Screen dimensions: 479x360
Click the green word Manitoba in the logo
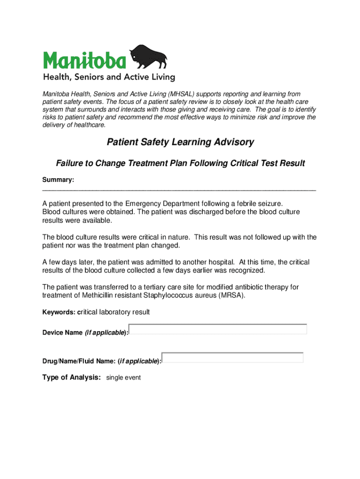click(x=85, y=60)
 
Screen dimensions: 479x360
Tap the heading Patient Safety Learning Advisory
click(x=180, y=142)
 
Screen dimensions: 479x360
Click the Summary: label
click(x=58, y=180)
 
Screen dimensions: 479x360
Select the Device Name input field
click(x=218, y=329)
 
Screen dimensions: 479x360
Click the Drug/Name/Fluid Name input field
click(x=232, y=358)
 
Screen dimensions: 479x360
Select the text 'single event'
click(x=123, y=377)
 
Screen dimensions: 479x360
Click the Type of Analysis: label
click(x=72, y=377)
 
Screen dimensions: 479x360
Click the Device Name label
click(x=62, y=333)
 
